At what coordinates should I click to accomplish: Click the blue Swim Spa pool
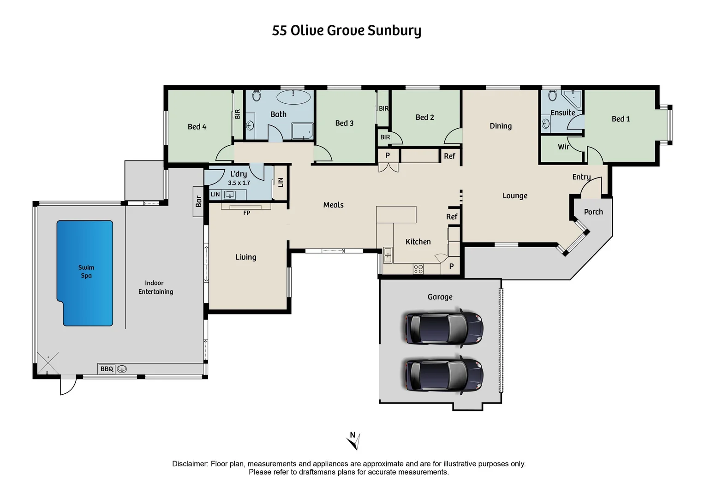click(x=85, y=272)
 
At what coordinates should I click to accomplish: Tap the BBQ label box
click(x=107, y=369)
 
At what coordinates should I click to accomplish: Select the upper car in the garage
click(x=443, y=328)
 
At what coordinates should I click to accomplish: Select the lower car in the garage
click(x=443, y=374)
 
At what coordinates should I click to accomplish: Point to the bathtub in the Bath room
click(x=293, y=97)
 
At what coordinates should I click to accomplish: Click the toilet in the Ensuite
click(x=552, y=96)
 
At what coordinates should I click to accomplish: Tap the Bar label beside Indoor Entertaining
click(x=198, y=201)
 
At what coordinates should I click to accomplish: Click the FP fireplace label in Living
click(x=246, y=213)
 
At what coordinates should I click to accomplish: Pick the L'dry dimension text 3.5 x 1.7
click(x=239, y=183)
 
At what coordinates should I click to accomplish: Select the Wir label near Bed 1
click(x=563, y=147)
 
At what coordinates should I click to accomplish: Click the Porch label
click(x=593, y=212)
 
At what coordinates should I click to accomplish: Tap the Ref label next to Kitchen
click(x=451, y=217)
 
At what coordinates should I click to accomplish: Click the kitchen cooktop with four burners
click(x=418, y=269)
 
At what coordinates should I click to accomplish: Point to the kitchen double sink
click(x=388, y=255)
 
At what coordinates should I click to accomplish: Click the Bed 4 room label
click(x=197, y=126)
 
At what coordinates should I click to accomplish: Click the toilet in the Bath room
click(x=257, y=96)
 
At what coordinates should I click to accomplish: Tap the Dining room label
click(x=501, y=126)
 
